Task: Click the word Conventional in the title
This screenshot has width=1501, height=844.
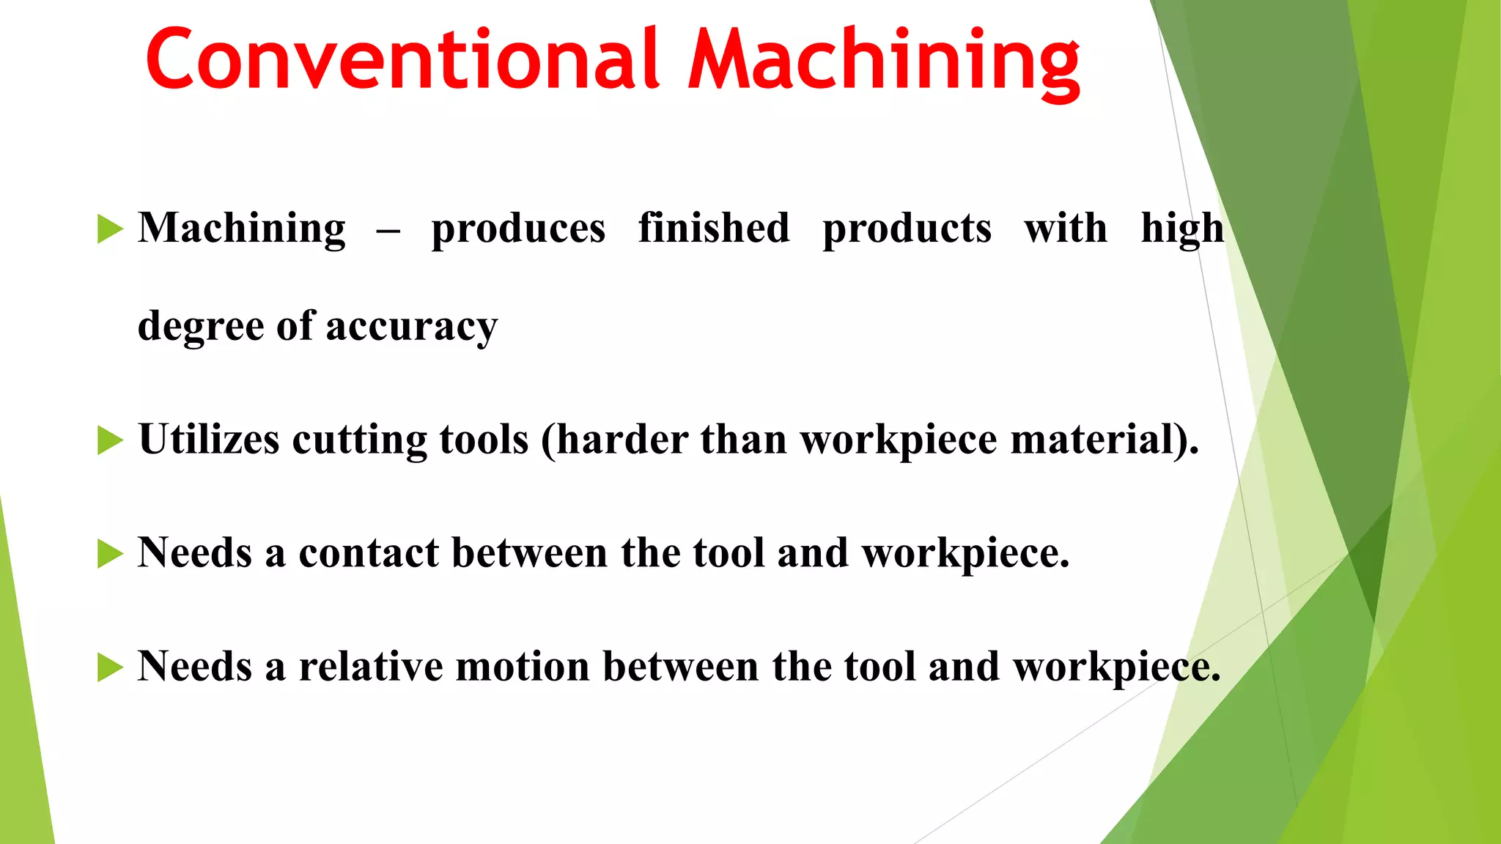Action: [402, 60]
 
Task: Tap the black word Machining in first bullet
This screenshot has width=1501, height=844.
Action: [242, 229]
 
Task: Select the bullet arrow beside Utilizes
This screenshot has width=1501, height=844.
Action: [110, 440]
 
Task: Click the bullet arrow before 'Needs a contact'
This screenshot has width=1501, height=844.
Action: [110, 554]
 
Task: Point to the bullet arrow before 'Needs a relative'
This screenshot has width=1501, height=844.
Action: [110, 667]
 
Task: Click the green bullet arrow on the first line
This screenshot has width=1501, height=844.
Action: [110, 229]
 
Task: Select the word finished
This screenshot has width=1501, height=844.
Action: [714, 228]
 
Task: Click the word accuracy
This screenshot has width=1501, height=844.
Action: [412, 327]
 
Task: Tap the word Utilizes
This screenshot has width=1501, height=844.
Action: [209, 440]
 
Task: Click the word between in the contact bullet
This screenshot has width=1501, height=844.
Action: [529, 553]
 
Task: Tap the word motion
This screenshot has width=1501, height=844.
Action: [523, 667]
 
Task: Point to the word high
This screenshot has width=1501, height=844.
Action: [1182, 229]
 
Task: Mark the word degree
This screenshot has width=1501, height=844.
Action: [201, 327]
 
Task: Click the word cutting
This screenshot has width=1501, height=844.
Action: [359, 440]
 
